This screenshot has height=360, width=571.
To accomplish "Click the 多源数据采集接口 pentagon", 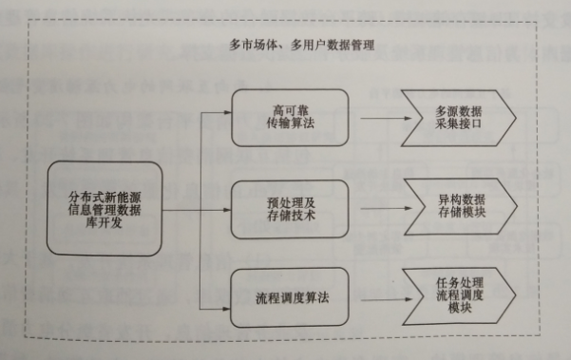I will (457, 118).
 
